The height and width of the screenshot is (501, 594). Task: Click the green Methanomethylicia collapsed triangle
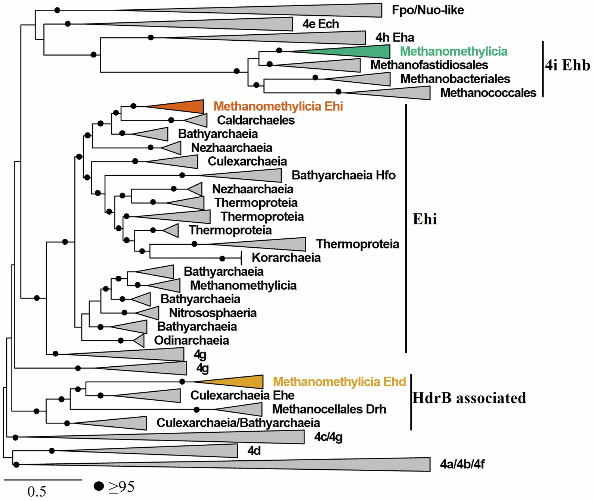(x=359, y=51)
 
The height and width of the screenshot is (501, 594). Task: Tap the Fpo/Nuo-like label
(x=428, y=10)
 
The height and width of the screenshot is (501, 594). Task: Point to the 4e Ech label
(x=321, y=24)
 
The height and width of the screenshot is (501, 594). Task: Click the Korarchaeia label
(x=286, y=257)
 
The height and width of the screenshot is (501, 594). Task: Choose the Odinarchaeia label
(x=191, y=340)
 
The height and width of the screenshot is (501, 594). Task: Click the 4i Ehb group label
(x=567, y=65)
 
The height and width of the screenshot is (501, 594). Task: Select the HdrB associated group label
(x=469, y=398)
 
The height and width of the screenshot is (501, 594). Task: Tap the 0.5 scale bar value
(x=37, y=491)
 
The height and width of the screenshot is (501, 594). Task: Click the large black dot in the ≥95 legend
(x=99, y=486)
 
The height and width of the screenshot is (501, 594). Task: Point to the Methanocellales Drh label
(x=329, y=409)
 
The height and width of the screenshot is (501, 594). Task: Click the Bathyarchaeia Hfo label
(x=343, y=175)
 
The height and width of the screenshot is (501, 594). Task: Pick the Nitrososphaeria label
(x=213, y=313)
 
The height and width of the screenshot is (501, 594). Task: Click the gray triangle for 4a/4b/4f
(x=336, y=464)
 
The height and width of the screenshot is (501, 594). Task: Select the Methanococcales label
(x=488, y=93)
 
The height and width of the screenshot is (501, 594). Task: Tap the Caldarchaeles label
(x=256, y=120)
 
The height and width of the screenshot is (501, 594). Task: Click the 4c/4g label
(x=328, y=436)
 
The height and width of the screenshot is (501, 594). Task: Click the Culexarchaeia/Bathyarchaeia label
(x=238, y=423)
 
